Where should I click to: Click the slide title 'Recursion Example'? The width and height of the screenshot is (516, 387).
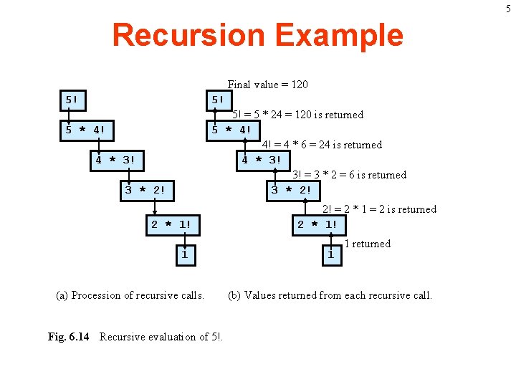(257, 35)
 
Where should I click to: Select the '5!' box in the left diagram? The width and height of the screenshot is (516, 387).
(72, 100)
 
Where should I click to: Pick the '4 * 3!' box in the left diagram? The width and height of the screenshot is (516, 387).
(115, 160)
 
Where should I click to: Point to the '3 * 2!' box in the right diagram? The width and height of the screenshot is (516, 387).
(290, 190)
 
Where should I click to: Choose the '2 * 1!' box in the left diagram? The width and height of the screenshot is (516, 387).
(171, 224)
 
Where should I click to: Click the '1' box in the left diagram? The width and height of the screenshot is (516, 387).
(184, 254)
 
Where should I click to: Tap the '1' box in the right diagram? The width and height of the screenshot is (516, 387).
(330, 254)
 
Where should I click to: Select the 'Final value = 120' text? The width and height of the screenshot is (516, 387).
(267, 85)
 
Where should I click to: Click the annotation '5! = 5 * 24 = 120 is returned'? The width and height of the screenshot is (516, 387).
(297, 115)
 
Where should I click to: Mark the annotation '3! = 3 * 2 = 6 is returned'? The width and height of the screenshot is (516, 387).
(349, 175)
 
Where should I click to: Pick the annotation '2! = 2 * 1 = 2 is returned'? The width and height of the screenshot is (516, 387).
(379, 209)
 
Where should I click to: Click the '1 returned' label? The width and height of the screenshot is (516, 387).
(367, 244)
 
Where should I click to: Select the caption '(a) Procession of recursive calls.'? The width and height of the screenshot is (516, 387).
(130, 295)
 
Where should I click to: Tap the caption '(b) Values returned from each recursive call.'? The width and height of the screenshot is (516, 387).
(330, 295)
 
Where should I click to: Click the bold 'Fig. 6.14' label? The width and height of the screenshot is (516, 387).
(68, 337)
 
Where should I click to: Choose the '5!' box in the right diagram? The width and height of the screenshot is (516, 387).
(218, 100)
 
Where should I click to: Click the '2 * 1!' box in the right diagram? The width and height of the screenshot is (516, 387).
(317, 224)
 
